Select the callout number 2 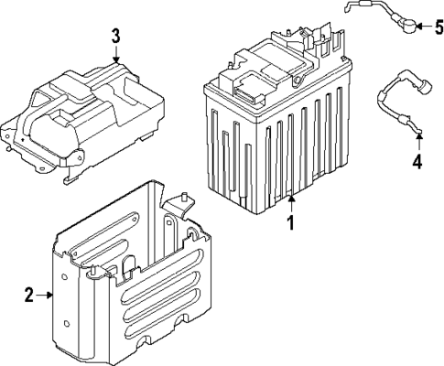(28, 295)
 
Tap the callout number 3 (115, 37)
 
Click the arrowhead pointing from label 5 (415, 26)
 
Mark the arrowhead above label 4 (417, 138)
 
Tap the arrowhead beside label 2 (52, 295)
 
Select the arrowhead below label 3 (115, 59)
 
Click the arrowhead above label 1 (291, 196)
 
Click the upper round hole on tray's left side (66, 279)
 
